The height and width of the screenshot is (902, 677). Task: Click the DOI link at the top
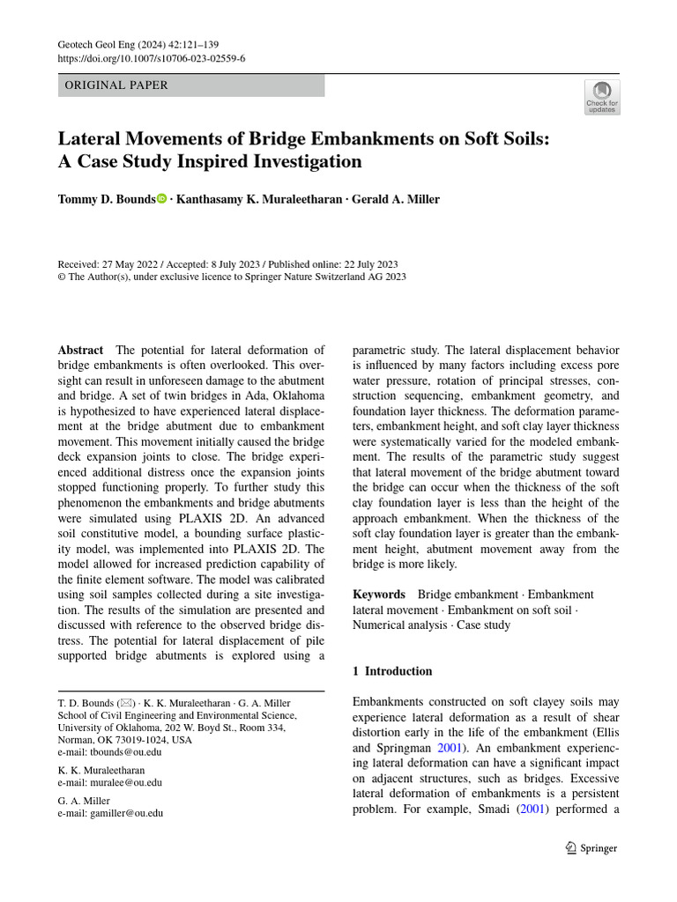point(151,59)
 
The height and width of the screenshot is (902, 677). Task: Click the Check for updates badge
point(602,97)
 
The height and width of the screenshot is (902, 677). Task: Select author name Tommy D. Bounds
point(106,199)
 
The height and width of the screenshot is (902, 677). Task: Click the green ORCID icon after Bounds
point(161,199)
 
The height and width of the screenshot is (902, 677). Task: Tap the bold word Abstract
point(80,350)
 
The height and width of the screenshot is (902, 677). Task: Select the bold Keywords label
point(379,595)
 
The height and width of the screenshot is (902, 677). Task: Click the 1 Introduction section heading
point(392,671)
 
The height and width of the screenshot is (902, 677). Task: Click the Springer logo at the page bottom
point(591,847)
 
